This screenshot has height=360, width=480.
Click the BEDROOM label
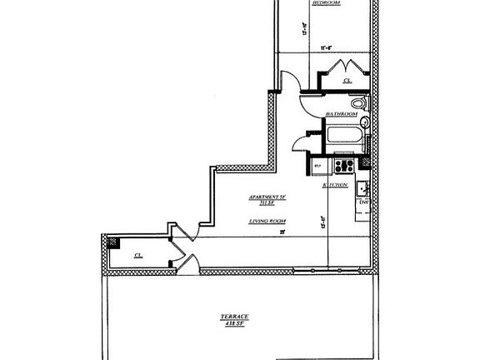(x=326, y=3)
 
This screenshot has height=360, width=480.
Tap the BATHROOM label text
(x=342, y=113)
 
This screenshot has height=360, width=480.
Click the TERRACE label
(x=234, y=317)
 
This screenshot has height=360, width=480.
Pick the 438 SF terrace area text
(x=234, y=324)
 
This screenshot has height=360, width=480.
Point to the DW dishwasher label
(x=363, y=202)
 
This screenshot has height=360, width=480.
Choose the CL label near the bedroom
(x=347, y=81)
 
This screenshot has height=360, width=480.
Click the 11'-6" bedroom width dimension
(x=317, y=48)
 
